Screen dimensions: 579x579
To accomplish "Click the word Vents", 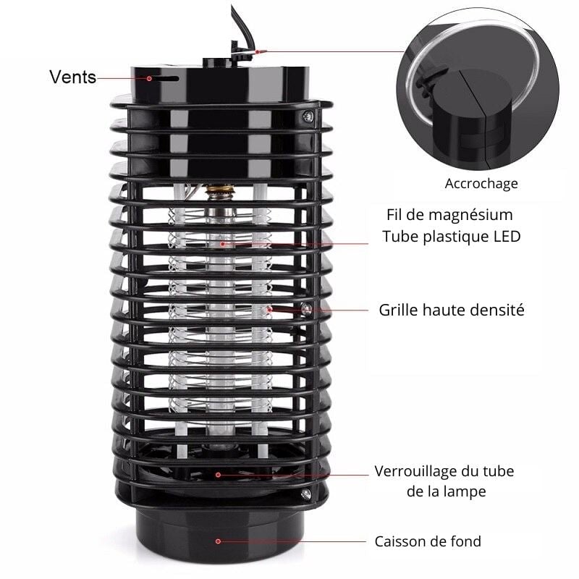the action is (x=73, y=77).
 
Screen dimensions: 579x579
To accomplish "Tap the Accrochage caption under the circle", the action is (x=481, y=184).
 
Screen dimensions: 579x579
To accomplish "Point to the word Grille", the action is (x=399, y=310).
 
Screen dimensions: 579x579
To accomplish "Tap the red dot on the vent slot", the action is (x=149, y=79).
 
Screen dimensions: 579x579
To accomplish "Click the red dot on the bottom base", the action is (x=218, y=541).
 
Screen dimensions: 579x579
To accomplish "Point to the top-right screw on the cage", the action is (x=307, y=117).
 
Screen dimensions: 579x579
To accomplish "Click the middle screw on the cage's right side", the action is (x=306, y=309).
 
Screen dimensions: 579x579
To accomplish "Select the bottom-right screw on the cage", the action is (x=305, y=494).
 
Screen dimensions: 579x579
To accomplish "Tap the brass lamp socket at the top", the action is (x=221, y=192).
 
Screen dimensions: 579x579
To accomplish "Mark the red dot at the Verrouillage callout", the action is (x=219, y=475).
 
